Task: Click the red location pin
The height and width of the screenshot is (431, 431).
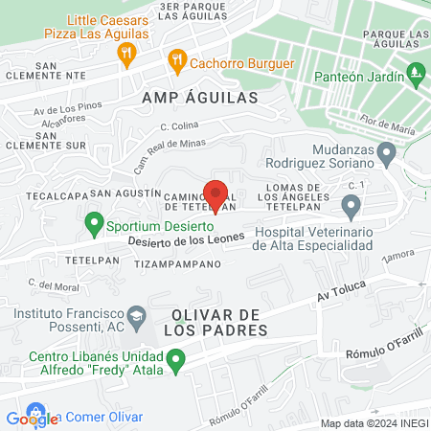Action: click(x=215, y=195)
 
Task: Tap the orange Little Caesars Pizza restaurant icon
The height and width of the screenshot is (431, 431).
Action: click(x=126, y=55)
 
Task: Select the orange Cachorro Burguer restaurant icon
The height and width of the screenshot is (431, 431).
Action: click(x=177, y=62)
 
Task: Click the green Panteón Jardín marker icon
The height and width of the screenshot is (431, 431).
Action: click(x=416, y=72)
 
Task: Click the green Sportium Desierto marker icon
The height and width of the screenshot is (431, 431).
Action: click(x=94, y=225)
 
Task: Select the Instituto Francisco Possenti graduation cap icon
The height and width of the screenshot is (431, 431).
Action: click(x=138, y=315)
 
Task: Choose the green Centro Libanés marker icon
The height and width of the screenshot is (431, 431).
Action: click(x=176, y=361)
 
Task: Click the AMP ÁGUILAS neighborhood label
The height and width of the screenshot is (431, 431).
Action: click(x=200, y=98)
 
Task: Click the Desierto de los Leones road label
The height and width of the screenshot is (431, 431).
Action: click(x=180, y=242)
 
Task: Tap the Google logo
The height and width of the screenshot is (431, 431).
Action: click(x=32, y=418)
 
